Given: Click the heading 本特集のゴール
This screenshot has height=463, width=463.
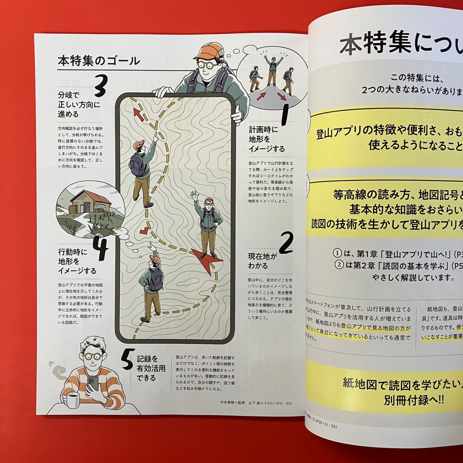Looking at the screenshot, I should click(x=99, y=61).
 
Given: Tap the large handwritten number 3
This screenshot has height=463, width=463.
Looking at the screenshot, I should click(x=101, y=86).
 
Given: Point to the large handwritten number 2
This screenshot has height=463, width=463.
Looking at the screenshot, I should click(x=286, y=243).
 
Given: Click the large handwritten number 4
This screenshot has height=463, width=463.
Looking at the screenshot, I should click(x=100, y=249).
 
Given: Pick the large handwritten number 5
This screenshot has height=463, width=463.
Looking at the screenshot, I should click(x=128, y=359).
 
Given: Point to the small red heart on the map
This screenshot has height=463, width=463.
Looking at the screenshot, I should click(x=144, y=231).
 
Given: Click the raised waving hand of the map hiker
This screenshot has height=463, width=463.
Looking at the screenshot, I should click(x=194, y=196).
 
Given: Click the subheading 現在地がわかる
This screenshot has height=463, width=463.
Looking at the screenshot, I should click(x=262, y=261).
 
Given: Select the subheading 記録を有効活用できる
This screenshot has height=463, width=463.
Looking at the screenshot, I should click(x=151, y=368).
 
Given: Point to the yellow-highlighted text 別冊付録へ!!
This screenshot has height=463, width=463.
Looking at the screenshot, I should click(x=414, y=400).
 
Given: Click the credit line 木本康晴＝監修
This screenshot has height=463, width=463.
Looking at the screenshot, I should click(x=232, y=403).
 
